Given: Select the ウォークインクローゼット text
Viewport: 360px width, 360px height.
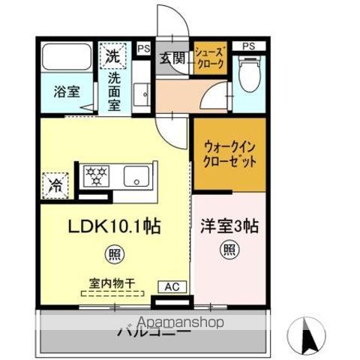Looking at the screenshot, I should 229,154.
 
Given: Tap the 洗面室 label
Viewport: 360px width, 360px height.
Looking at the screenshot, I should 114,85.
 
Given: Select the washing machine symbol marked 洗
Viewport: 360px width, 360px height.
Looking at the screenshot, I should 112,55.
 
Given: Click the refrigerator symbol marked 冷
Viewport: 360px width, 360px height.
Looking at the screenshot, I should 55,181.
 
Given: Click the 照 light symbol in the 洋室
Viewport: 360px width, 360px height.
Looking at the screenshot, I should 229,250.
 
